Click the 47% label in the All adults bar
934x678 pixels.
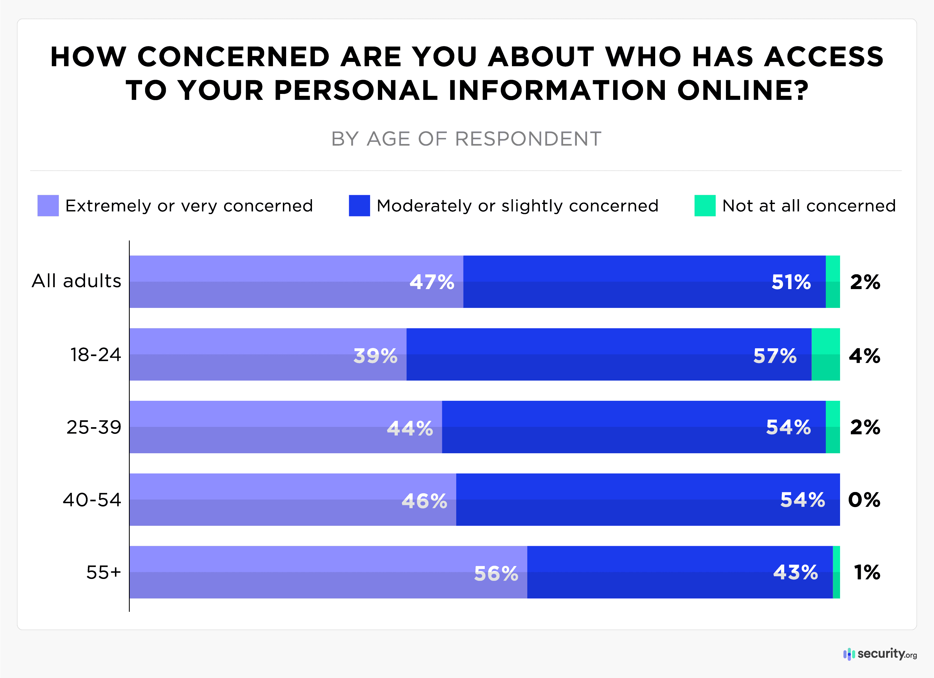[431, 282]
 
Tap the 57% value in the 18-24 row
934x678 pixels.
[775, 356]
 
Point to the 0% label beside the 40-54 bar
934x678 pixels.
[864, 500]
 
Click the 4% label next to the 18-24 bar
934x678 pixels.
[864, 356]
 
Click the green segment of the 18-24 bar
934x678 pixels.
[825, 354]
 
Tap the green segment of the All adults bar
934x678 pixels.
[832, 282]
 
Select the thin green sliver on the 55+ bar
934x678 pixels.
[836, 572]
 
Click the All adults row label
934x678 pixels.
[77, 281]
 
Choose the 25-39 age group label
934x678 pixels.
[94, 427]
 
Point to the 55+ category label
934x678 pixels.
[103, 572]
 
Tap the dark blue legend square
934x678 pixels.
[359, 206]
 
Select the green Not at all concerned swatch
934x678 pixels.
[705, 206]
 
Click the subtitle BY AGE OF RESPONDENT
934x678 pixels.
[466, 139]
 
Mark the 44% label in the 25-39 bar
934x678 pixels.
[410, 428]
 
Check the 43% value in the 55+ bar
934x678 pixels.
[795, 572]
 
